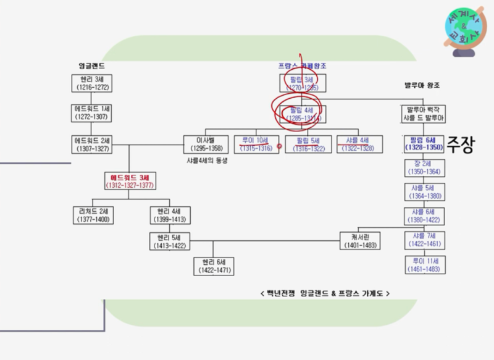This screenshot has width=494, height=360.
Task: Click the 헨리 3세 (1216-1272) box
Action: coord(90,83)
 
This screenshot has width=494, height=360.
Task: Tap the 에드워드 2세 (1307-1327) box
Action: coord(90,144)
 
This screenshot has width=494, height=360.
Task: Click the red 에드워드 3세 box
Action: coord(128,181)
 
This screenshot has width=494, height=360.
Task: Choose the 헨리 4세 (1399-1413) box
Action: coord(168,214)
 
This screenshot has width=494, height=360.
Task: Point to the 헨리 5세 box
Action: coord(168,241)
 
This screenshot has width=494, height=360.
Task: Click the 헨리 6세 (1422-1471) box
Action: coord(214,266)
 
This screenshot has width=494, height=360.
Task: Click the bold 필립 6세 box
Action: coord(424,144)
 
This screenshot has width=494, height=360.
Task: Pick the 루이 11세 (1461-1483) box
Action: coord(424,266)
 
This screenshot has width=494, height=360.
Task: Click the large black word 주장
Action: coord(460,146)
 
